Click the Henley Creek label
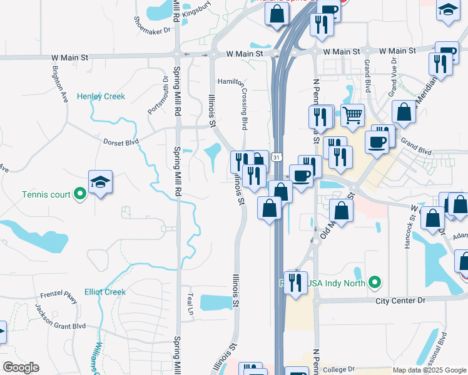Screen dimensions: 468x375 pos(101,96)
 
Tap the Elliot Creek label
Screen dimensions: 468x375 pos(105,292)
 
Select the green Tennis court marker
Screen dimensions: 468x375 pos(79,194)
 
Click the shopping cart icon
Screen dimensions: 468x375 pos(353,115)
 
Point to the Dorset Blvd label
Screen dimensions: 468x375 pos(121,142)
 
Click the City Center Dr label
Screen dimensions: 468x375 pos(400,301)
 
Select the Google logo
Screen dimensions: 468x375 pos(21,367)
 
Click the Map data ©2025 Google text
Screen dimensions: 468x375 pos(429,371)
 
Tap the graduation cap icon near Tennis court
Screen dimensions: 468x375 pos(100,182)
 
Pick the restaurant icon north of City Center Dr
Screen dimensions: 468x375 pos(296,282)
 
